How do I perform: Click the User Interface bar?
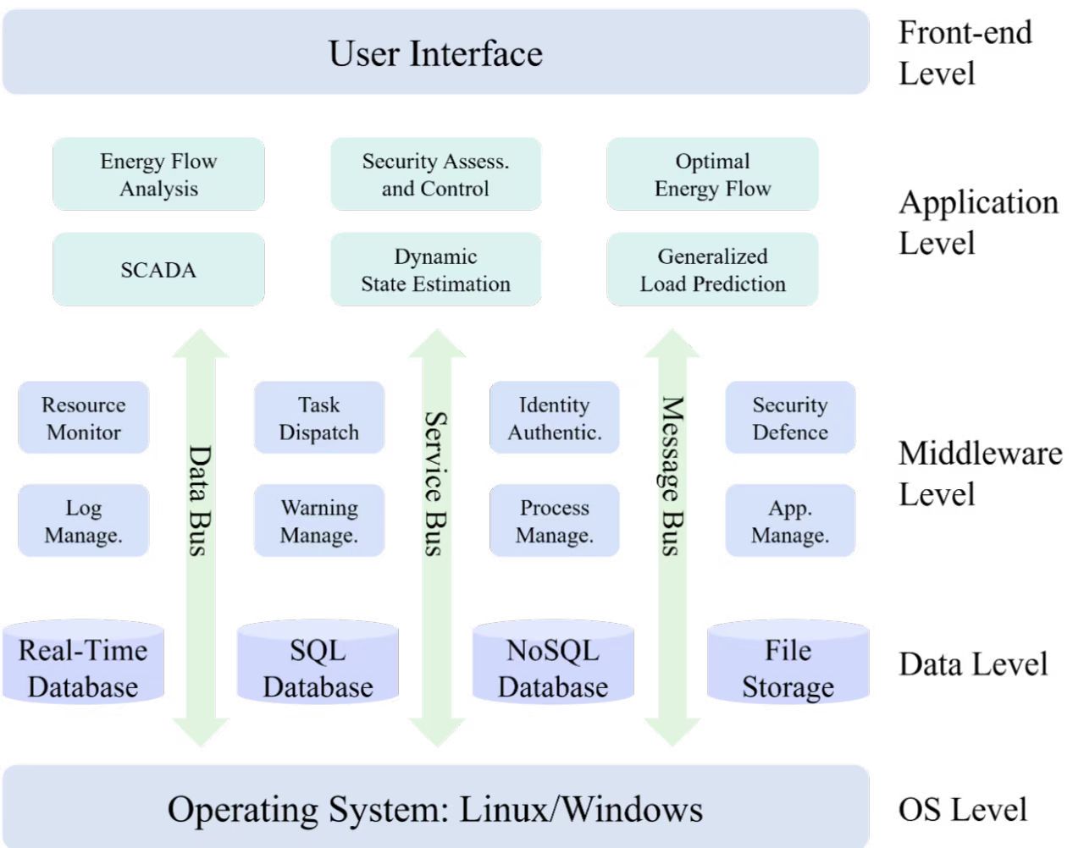pos(435,52)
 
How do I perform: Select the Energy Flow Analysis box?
pos(158,174)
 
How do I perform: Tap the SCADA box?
pos(158,270)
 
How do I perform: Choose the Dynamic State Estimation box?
pos(435,270)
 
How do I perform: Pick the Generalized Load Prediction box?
pos(712,270)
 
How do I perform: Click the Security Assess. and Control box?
pos(435,174)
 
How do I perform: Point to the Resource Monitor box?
pos(83,418)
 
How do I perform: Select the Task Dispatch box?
pos(318,418)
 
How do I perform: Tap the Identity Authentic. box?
pos(554,418)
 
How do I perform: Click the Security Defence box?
pos(789,418)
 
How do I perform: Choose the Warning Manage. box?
pos(318,520)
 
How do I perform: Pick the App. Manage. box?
pos(789,520)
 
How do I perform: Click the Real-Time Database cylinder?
pos(83,664)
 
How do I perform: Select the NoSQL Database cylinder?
pos(553,664)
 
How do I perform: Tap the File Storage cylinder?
pos(788,664)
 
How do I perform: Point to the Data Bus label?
pos(200,500)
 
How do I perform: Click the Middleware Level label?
pos(980,473)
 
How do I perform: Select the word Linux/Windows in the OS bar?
pos(581,809)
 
